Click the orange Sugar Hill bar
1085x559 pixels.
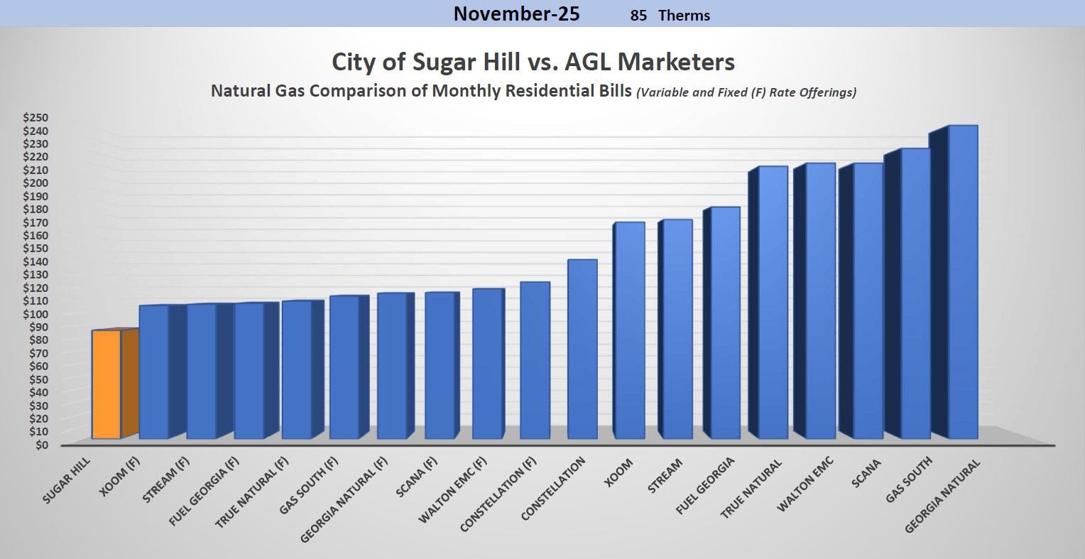pos(107,384)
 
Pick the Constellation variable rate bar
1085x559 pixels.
pos(582,349)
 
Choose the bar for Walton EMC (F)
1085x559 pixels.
pos(487,363)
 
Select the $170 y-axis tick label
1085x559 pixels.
pos(36,222)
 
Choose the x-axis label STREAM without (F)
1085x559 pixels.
pos(665,474)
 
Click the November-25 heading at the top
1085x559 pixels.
pos(516,14)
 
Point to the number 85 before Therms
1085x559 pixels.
pos(638,15)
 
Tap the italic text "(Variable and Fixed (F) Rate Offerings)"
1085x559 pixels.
pos(746,92)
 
